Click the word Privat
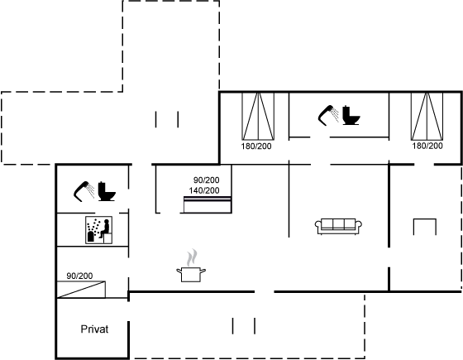coord(94,329)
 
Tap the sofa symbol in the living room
coord(338,227)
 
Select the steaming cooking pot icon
coord(191,266)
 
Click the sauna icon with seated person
coord(98,230)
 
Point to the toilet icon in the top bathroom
coord(351,115)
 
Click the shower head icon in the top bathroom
coord(327,115)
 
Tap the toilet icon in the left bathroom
coord(107,191)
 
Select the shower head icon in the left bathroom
coord(84,191)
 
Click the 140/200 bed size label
coord(204,190)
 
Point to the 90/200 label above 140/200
coord(206,180)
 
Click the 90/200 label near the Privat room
coord(79,276)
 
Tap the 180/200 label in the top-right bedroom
coord(427,146)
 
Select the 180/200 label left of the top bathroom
coord(256,146)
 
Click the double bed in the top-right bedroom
coord(427,116)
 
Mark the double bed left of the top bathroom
coord(258,116)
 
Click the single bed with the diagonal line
coord(81,290)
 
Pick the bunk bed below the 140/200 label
coord(208,204)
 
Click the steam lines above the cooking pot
coord(192,257)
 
